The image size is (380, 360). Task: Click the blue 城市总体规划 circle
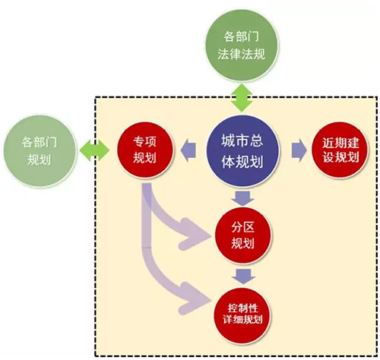pyautogui.click(x=242, y=151)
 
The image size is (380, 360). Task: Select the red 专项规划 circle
pyautogui.click(x=145, y=150)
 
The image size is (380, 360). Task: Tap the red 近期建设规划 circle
pyautogui.click(x=340, y=150)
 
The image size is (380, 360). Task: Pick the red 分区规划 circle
pyautogui.click(x=242, y=235)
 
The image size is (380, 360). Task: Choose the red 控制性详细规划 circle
pyautogui.click(x=242, y=316)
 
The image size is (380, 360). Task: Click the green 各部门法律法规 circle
pyautogui.click(x=241, y=46)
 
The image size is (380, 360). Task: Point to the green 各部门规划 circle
pyautogui.click(x=40, y=151)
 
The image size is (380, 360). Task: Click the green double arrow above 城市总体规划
pyautogui.click(x=242, y=98)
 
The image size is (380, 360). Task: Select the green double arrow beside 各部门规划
pyautogui.click(x=94, y=150)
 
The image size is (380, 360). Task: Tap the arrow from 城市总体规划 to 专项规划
pyautogui.click(x=188, y=150)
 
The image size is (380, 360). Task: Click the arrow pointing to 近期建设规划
pyautogui.click(x=299, y=150)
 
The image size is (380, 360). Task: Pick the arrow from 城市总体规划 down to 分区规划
pyautogui.click(x=242, y=198)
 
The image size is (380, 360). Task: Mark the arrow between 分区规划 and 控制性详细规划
pyautogui.click(x=242, y=276)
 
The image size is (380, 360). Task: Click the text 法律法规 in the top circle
pyautogui.click(x=241, y=54)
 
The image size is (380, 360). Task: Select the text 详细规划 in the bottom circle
pyautogui.click(x=242, y=320)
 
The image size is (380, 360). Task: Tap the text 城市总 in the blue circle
pyautogui.click(x=242, y=141)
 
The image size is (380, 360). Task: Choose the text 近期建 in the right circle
pyautogui.click(x=340, y=143)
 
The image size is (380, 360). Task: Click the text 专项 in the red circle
pyautogui.click(x=144, y=141)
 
